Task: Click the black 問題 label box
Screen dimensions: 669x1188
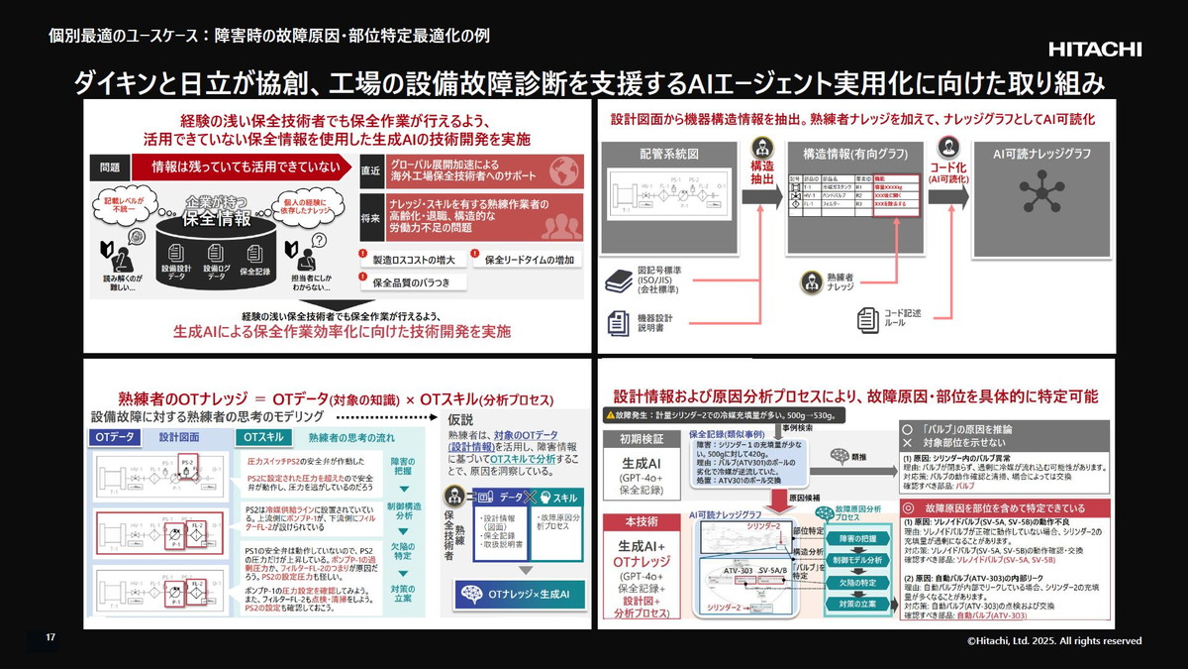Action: (110, 167)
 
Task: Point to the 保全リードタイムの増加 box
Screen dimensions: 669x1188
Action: (527, 260)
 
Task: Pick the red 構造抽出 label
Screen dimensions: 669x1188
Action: (762, 173)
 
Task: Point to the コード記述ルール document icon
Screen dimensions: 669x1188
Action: (868, 319)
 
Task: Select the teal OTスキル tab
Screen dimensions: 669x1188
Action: (262, 437)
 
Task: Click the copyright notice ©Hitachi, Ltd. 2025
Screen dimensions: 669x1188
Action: (1053, 641)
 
